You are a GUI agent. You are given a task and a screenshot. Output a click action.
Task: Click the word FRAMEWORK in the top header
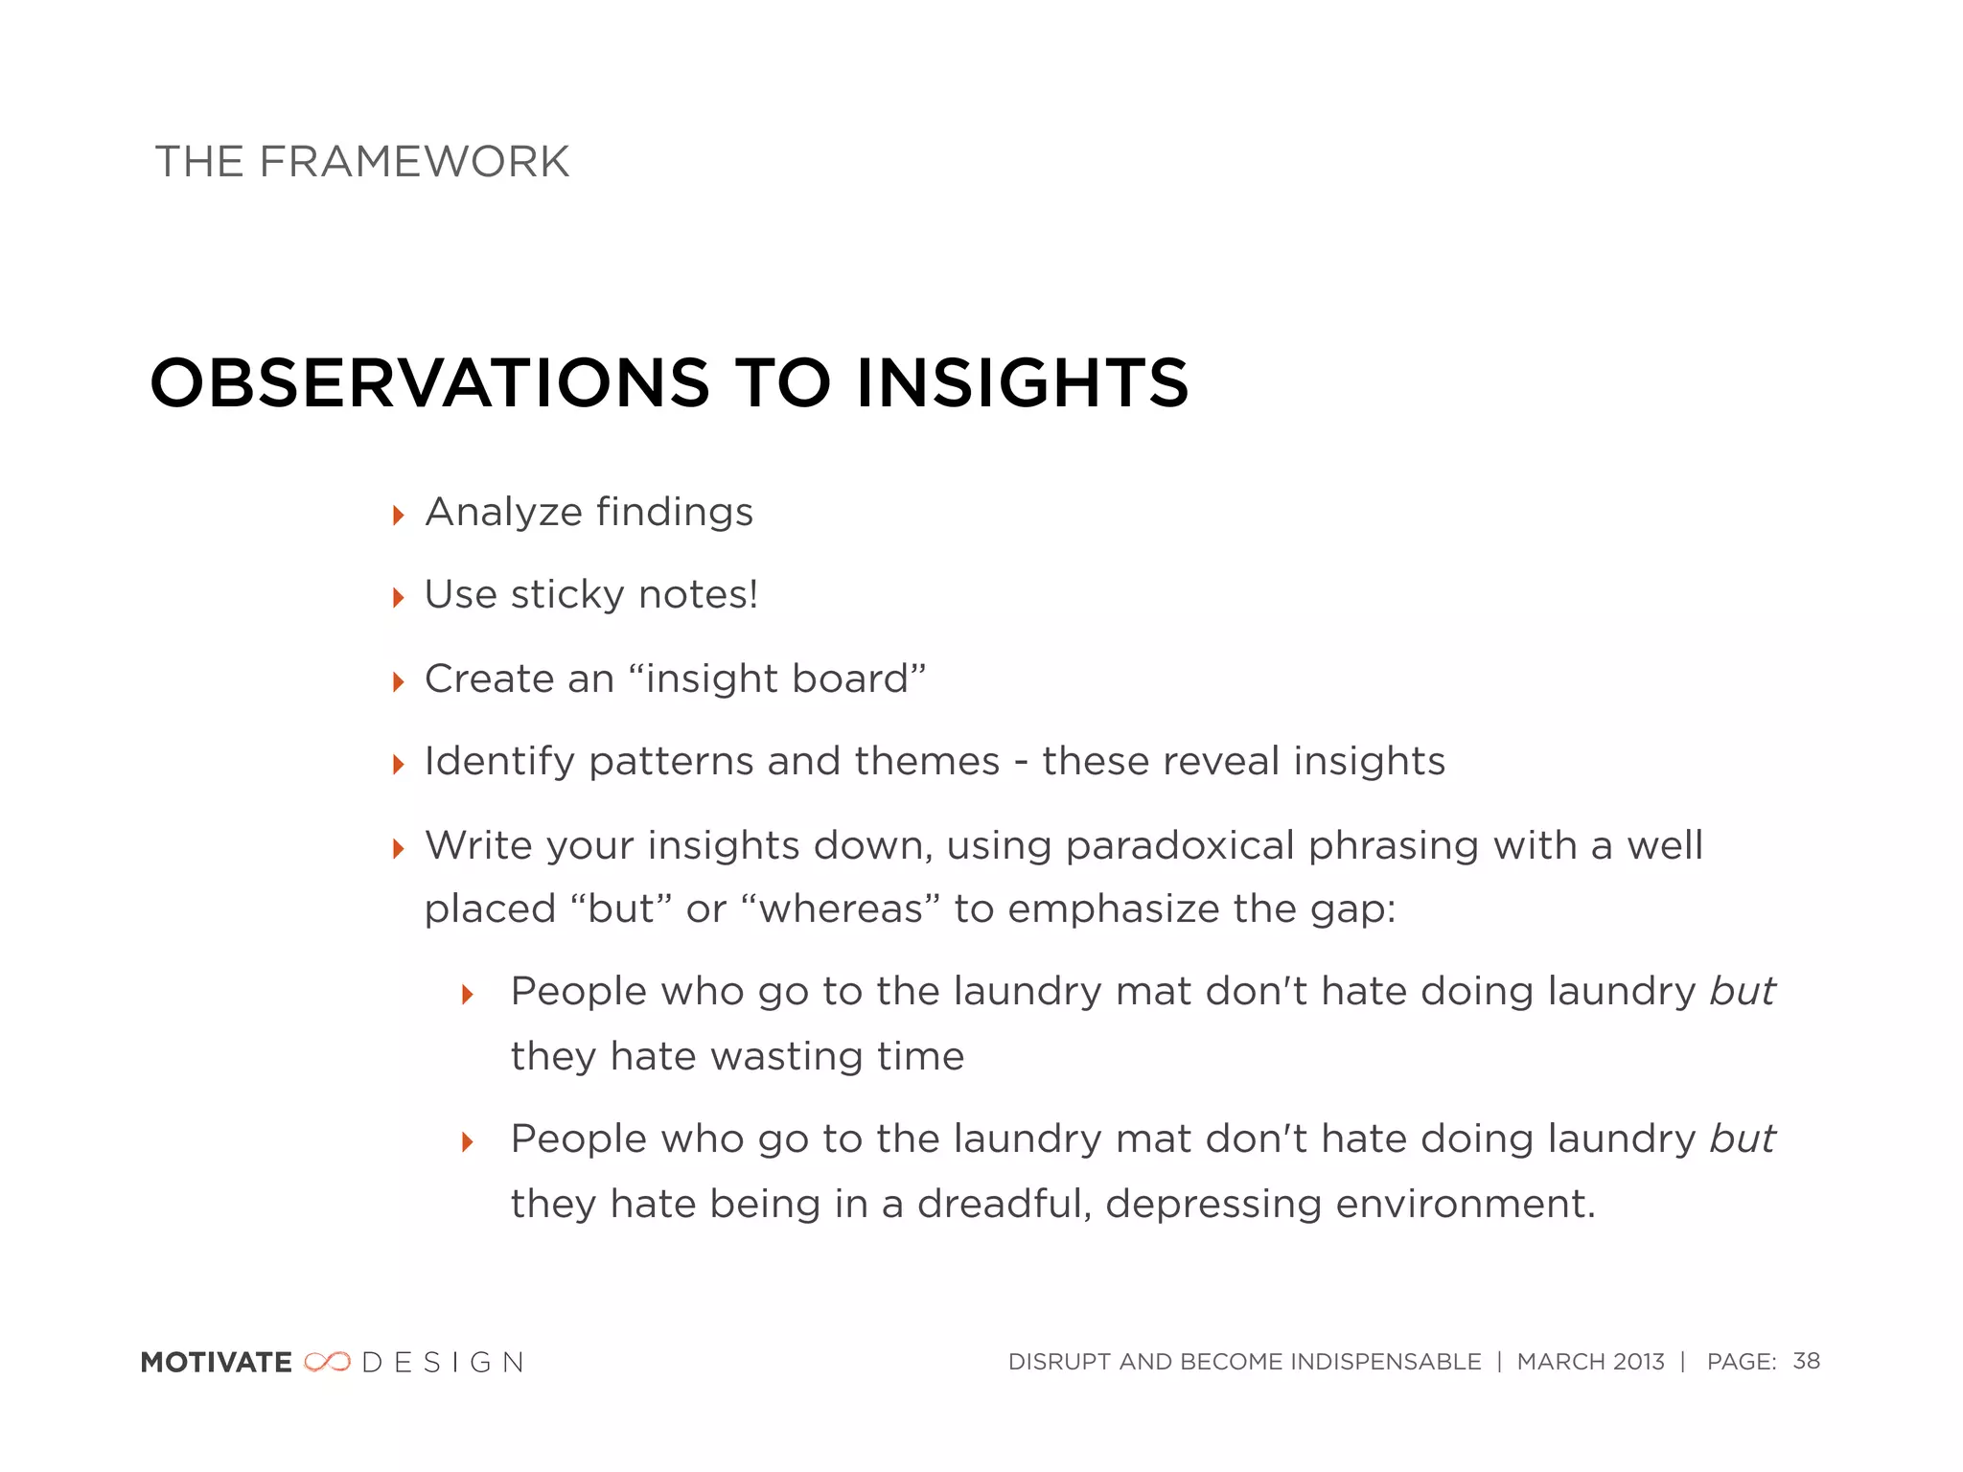414,161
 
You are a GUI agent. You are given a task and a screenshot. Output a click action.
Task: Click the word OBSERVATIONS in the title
429,382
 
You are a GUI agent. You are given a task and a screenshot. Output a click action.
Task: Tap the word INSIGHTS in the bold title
1022,382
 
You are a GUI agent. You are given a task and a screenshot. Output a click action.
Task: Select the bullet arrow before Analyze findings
399,516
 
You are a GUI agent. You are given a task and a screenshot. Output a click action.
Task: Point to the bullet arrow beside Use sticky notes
399,599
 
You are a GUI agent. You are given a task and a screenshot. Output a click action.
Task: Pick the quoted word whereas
841,908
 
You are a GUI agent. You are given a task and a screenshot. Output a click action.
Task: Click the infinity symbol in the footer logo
327,1362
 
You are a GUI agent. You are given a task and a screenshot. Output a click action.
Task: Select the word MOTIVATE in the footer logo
217,1362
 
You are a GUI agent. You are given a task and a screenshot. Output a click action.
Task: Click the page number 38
1806,1361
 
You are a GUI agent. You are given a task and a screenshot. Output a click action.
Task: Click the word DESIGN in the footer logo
443,1362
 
